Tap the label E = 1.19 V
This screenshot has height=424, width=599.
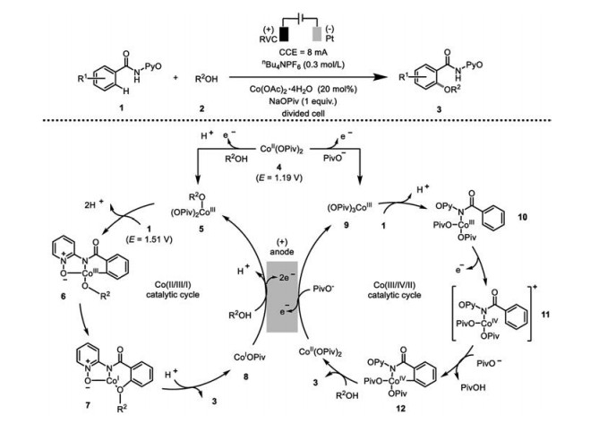[x=269, y=165]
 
